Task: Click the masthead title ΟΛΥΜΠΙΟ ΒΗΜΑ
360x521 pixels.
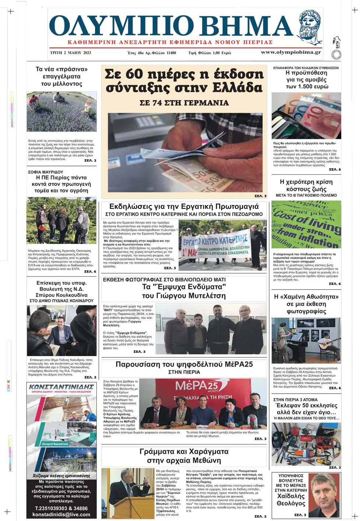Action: (171, 26)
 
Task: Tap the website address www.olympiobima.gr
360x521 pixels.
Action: (291, 52)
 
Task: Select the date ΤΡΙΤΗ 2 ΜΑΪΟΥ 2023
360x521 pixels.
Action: (70, 53)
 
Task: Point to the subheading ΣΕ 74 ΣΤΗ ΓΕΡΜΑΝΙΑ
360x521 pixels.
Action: (184, 103)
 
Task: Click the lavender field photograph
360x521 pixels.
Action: (61, 111)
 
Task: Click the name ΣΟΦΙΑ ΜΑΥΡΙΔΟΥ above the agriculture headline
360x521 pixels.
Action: (46, 172)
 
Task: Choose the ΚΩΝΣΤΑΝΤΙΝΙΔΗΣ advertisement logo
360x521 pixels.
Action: (61, 387)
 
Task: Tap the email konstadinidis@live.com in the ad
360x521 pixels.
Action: (61, 514)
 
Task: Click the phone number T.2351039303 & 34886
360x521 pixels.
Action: (61, 508)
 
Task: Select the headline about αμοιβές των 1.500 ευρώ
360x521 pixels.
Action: (307, 79)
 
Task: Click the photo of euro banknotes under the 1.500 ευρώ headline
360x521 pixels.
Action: (306, 116)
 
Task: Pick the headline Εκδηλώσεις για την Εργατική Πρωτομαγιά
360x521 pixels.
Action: (184, 206)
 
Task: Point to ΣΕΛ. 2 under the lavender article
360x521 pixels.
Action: (90, 160)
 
